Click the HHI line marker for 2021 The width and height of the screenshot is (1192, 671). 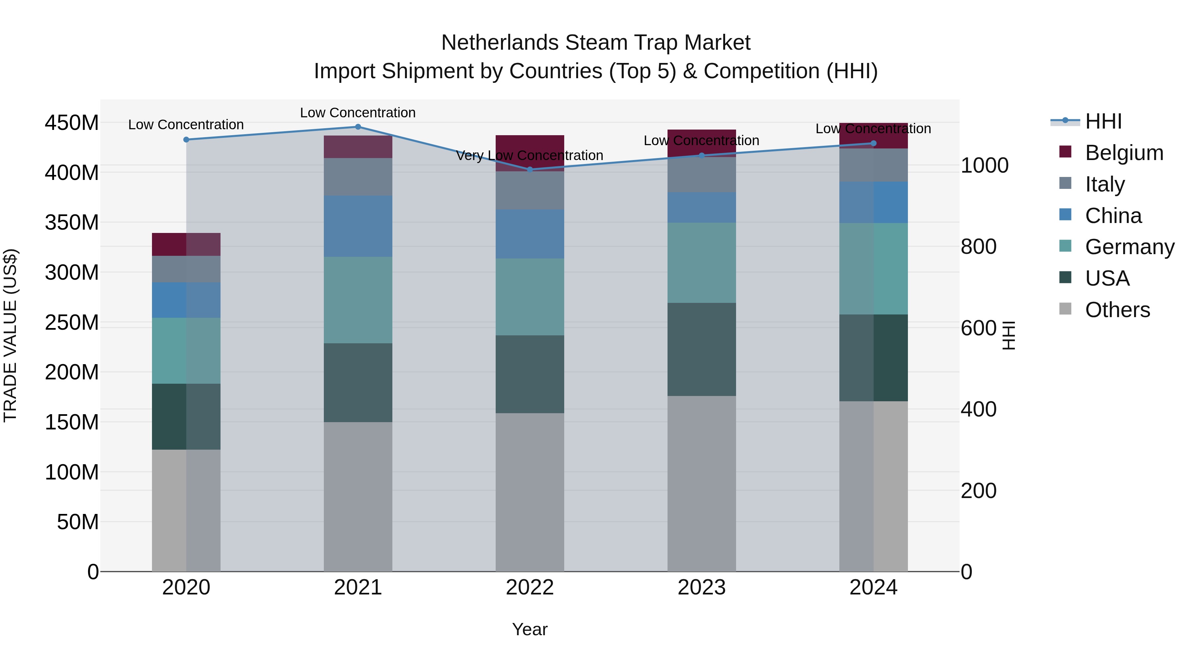[x=358, y=127]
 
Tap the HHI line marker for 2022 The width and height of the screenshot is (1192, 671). [x=530, y=169]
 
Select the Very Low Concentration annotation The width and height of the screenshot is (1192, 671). [x=529, y=156]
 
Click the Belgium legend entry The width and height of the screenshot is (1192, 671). [x=1123, y=153]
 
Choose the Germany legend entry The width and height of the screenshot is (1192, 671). [x=1129, y=247]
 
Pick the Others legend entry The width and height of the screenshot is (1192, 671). [x=1117, y=310]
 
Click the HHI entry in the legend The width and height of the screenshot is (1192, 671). [x=1103, y=121]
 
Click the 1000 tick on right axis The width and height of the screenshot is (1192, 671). [x=984, y=165]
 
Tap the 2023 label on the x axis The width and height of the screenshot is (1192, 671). [x=702, y=587]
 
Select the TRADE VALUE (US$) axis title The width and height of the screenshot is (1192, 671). [x=10, y=335]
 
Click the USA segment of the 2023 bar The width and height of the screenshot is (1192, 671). [x=702, y=349]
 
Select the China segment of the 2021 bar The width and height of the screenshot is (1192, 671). [x=358, y=226]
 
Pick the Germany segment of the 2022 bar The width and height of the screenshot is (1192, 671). [x=530, y=297]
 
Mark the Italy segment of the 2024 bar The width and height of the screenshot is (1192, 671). [x=873, y=165]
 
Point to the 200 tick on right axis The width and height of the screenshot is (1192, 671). [x=978, y=491]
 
